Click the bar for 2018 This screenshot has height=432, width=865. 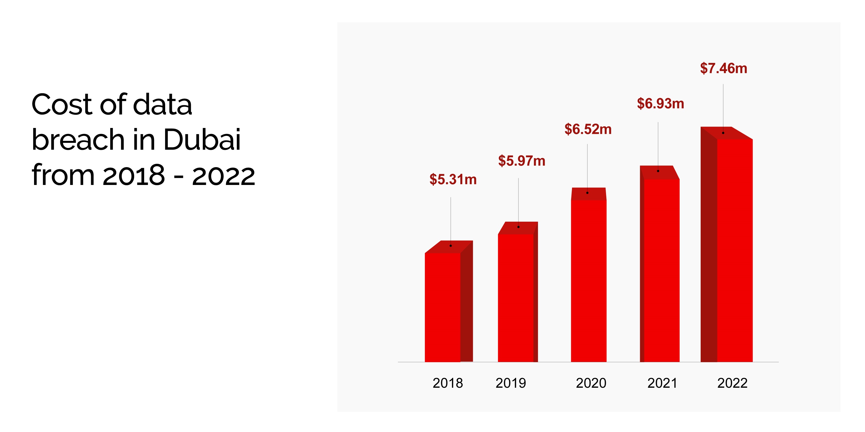pos(443,307)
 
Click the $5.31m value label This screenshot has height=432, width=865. pos(453,180)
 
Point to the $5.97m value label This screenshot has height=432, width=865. pos(521,161)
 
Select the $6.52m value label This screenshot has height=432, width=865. pos(588,129)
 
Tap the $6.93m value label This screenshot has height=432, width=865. pos(660,103)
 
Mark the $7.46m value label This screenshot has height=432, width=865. pos(724,68)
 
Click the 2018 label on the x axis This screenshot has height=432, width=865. pos(448,383)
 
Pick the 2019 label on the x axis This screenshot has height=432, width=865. pos(511,383)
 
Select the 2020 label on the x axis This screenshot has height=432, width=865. pos(591,383)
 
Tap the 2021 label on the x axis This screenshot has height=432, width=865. pos(662,383)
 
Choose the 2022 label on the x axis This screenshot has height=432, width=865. pos(732,383)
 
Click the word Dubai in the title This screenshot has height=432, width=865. pos(202,140)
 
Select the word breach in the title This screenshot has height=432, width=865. pos(78,140)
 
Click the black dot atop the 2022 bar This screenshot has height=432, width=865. pos(723,133)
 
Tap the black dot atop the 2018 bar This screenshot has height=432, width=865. pos(451,245)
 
